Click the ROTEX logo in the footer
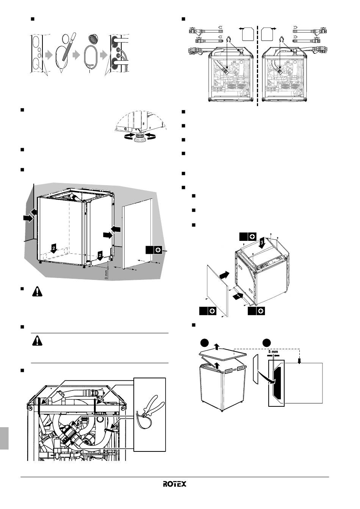pyautogui.click(x=175, y=484)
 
